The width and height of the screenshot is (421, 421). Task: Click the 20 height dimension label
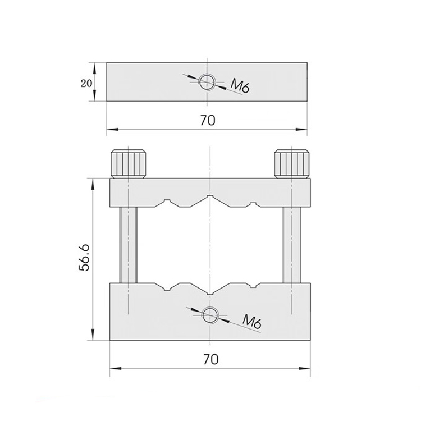click(x=86, y=83)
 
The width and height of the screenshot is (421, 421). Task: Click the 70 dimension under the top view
click(x=207, y=120)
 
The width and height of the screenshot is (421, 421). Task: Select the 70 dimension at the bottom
click(x=209, y=358)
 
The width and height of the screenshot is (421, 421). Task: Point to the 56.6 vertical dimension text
click(x=84, y=258)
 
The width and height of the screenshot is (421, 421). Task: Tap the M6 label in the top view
click(x=240, y=86)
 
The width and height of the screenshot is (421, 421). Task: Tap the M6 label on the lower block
click(x=253, y=322)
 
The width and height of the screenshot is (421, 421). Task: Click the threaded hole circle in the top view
click(x=207, y=81)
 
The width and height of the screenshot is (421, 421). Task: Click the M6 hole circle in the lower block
click(x=210, y=315)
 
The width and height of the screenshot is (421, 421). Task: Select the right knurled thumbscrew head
click(x=292, y=163)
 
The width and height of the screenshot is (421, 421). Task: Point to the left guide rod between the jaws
click(x=129, y=245)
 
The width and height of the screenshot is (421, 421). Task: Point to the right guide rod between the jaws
click(x=292, y=245)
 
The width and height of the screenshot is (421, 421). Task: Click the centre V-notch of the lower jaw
click(x=210, y=291)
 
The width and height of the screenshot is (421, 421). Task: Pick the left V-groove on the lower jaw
click(x=167, y=288)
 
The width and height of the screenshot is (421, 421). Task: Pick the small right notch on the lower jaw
click(x=254, y=287)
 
